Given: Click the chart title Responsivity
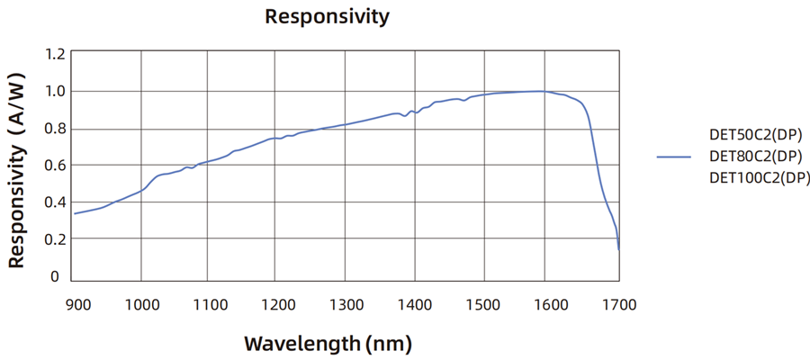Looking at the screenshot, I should click(327, 16).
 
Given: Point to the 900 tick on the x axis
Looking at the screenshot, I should click(77, 304).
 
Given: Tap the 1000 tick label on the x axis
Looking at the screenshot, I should click(140, 304).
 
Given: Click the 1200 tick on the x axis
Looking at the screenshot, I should click(277, 304).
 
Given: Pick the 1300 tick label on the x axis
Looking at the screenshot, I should click(346, 304).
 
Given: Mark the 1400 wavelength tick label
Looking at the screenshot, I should click(415, 304).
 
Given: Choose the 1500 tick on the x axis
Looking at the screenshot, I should click(483, 304).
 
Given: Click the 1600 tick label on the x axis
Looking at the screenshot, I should click(552, 304).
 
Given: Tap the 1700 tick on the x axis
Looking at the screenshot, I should click(618, 304).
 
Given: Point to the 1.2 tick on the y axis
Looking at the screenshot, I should click(55, 54).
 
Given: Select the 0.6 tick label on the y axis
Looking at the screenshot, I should click(55, 165).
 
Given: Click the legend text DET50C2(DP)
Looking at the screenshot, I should click(754, 135).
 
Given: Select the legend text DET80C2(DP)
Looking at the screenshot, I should click(754, 156).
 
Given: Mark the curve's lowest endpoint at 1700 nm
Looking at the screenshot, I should click(619, 249).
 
